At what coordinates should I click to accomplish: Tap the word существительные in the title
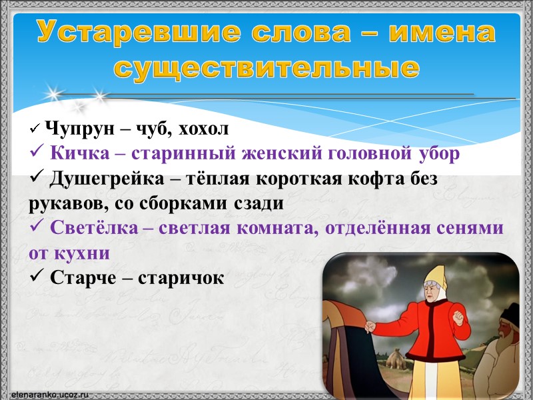[x=266, y=67]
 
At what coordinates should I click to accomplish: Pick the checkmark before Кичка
[x=37, y=153]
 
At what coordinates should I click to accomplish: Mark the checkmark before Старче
[x=37, y=278]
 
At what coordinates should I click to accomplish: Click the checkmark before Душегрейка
[x=37, y=179]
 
